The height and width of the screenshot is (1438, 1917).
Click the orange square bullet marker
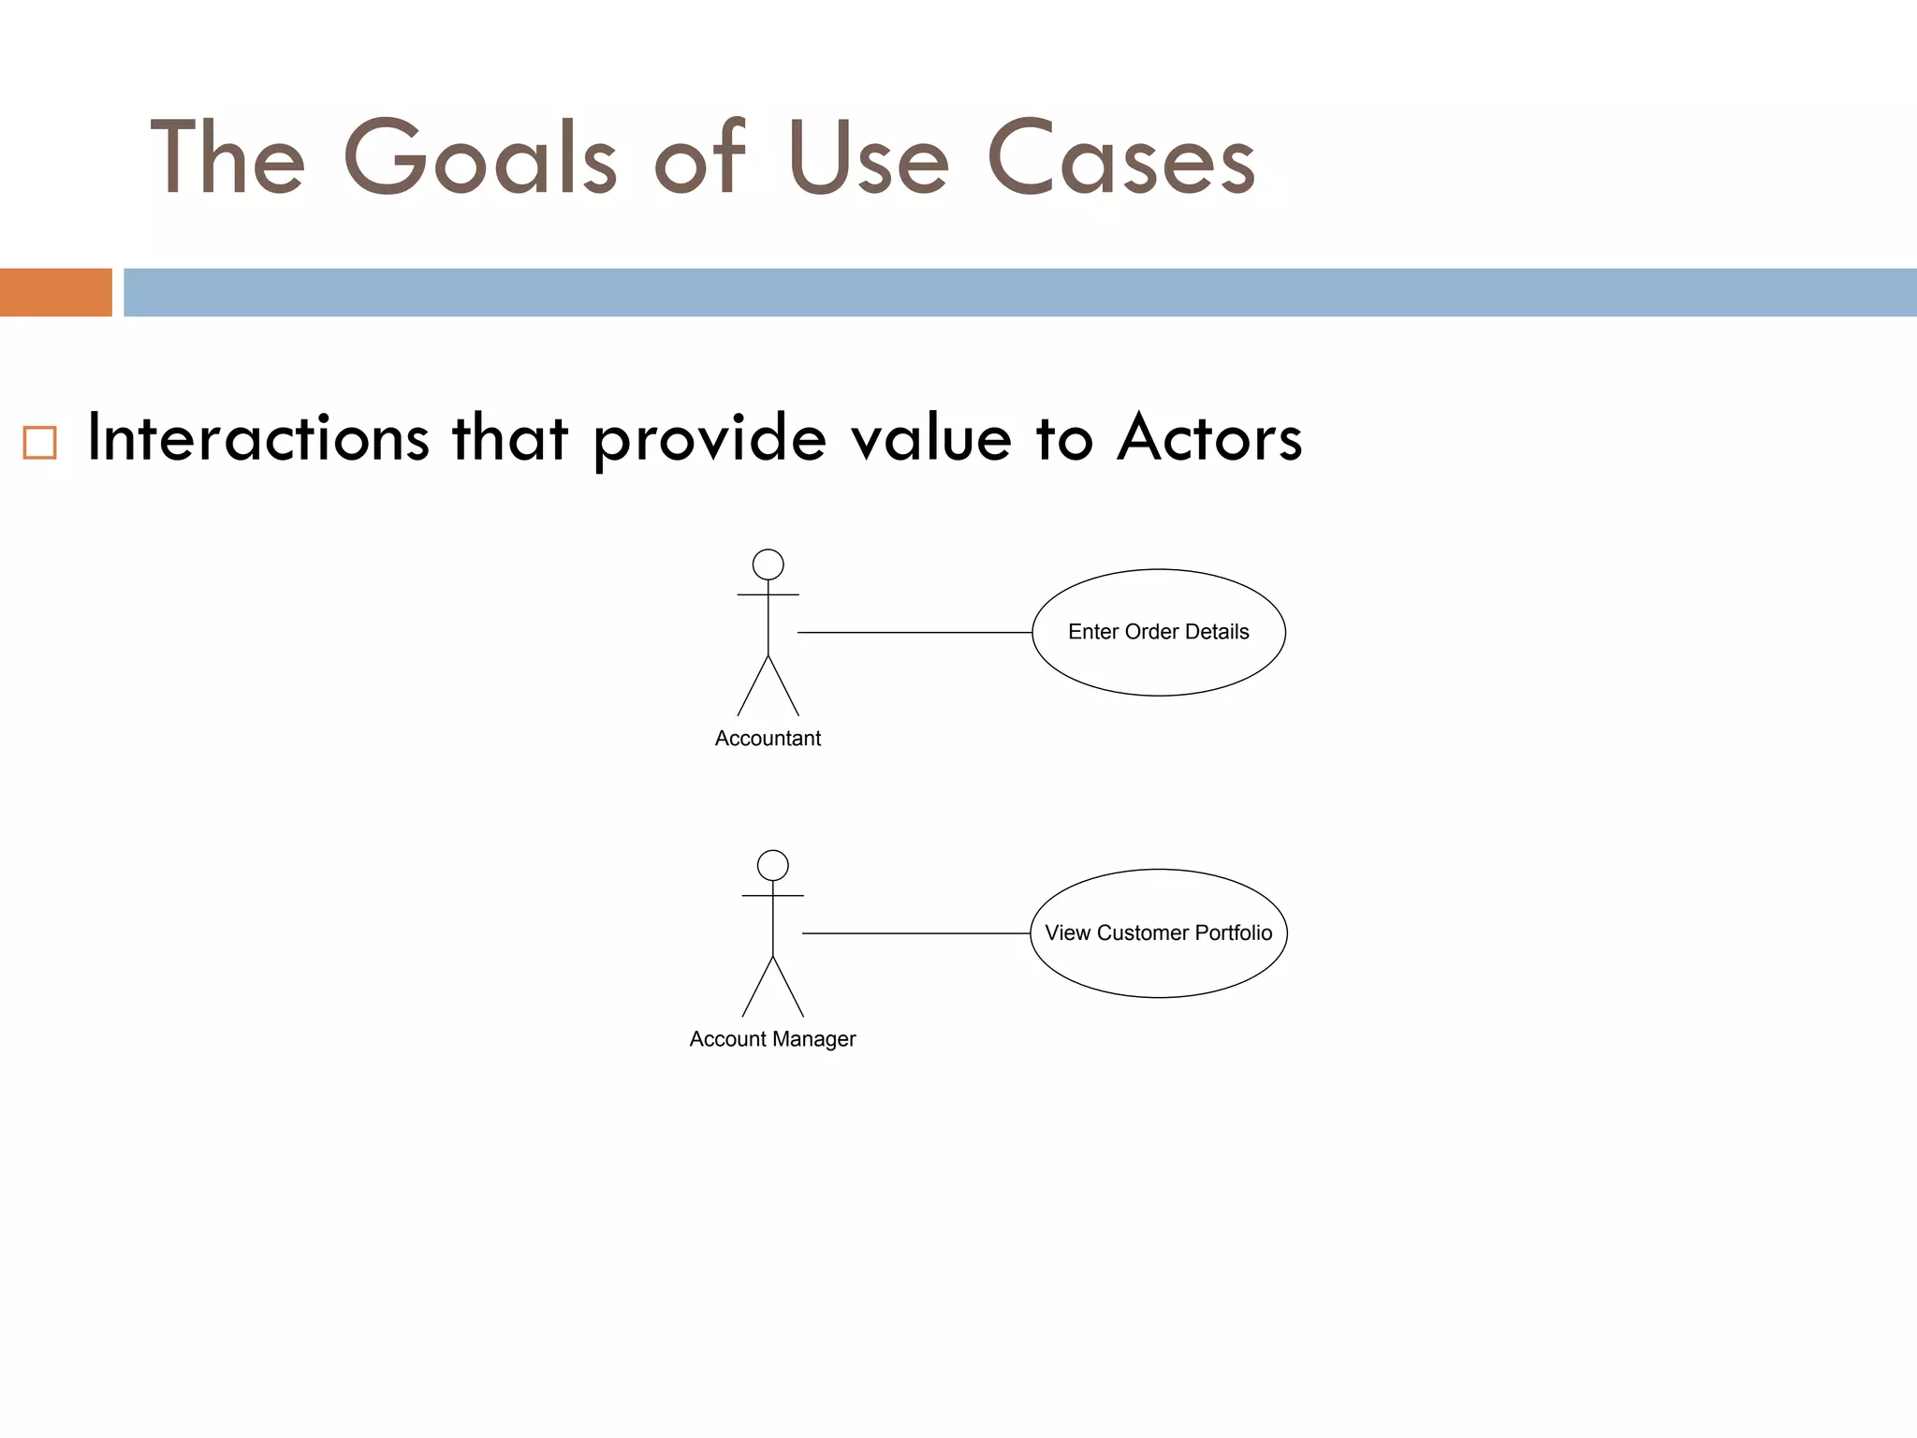pyautogui.click(x=39, y=442)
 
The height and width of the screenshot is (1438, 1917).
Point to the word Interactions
pyautogui.click(x=257, y=437)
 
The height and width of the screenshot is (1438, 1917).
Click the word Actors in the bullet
pyautogui.click(x=1208, y=437)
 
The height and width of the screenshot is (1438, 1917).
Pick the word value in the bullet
pyautogui.click(x=930, y=437)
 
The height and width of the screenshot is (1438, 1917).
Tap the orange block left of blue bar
pyautogui.click(x=55, y=292)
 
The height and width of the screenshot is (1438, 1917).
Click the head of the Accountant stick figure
pyautogui.click(x=768, y=565)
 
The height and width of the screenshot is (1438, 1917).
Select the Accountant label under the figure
pyautogui.click(x=768, y=739)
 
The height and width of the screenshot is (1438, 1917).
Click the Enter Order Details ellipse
pyautogui.click(x=1159, y=665)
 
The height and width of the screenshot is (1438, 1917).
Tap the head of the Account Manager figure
pyautogui.click(x=773, y=865)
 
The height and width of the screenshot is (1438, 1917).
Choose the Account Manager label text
pyautogui.click(x=772, y=1039)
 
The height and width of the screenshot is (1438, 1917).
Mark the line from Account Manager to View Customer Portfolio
pyautogui.click(x=916, y=933)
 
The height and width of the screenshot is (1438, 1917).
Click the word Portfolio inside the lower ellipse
pyautogui.click(x=1233, y=932)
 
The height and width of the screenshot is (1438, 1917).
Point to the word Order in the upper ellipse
pyautogui.click(x=1151, y=632)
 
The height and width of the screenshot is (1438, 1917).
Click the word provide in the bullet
pyautogui.click(x=710, y=437)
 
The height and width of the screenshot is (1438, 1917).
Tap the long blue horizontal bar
pyautogui.click(x=1020, y=292)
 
